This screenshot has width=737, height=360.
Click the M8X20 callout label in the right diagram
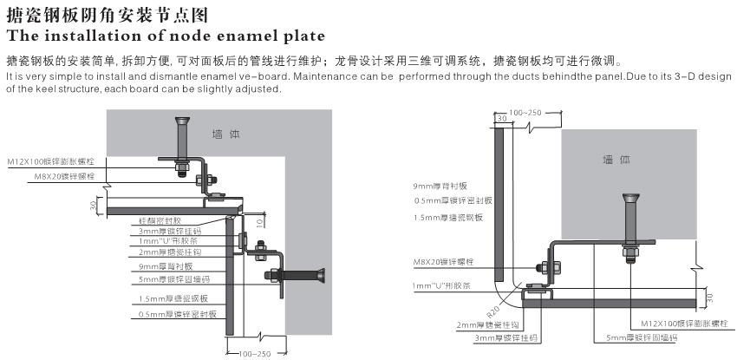click(x=445, y=260)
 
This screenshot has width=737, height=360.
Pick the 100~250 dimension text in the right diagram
click(x=525, y=113)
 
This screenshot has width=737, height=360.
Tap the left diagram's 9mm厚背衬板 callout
click(x=165, y=266)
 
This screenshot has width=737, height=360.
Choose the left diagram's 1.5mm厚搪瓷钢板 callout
click(x=168, y=299)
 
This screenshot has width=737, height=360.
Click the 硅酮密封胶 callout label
click(x=160, y=220)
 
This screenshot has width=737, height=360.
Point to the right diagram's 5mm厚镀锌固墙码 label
click(x=636, y=337)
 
